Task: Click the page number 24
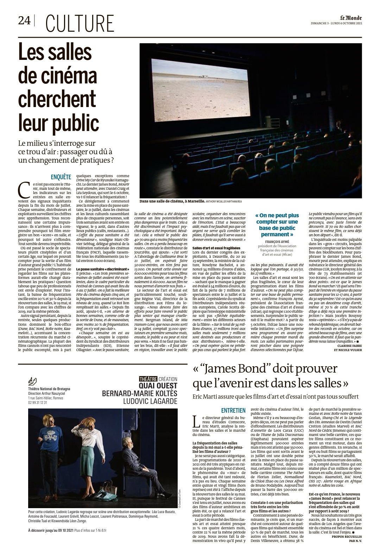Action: tap(24, 21)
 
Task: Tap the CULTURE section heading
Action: tap(80, 24)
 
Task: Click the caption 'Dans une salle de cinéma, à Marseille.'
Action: tap(172, 201)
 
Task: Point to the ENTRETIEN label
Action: tap(233, 410)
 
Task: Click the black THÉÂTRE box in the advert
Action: tap(148, 379)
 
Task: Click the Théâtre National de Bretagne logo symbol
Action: tap(32, 381)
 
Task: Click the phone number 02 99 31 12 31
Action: tap(38, 402)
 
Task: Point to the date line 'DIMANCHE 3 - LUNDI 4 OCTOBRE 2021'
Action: tap(336, 24)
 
